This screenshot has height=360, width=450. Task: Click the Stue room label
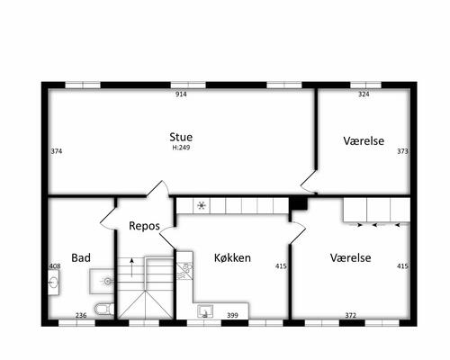pos(181,137)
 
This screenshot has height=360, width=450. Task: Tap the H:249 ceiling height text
pos(181,148)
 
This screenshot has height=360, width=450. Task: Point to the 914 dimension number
pos(181,94)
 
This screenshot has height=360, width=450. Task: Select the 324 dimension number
pos(364,94)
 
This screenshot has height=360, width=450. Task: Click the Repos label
pos(144,226)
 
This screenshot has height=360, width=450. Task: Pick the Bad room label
pos(81,257)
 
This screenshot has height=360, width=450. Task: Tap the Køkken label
pos(232,257)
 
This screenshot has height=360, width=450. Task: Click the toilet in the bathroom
pos(104,309)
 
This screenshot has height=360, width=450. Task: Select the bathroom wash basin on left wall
pos(54,283)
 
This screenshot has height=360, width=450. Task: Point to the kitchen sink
pos(205,311)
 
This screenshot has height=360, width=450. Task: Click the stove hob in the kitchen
pos(184,271)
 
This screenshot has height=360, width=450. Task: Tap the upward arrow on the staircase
pos(131,267)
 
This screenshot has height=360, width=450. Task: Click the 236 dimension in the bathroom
pos(81,315)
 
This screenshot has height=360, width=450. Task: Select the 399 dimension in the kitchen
pos(232,315)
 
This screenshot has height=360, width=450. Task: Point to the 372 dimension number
pos(350,315)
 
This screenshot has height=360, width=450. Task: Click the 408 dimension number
pos(55,266)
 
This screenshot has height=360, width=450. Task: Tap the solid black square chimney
pos(298,203)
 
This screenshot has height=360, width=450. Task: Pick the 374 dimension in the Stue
pos(57,151)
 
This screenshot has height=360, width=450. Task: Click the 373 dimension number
pos(402,151)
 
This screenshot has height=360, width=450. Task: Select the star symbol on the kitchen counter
pos(202,205)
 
